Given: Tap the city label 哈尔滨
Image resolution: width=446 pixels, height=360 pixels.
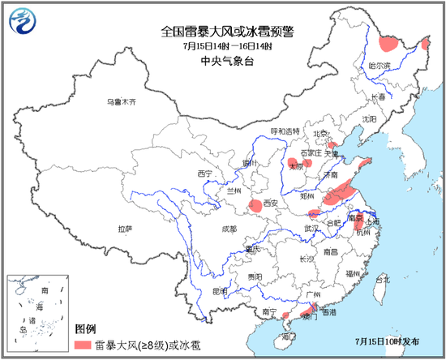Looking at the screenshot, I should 380,65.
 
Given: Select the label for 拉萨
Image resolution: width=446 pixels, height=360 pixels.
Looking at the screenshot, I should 124,229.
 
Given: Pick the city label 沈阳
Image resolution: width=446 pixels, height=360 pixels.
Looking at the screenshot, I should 370,118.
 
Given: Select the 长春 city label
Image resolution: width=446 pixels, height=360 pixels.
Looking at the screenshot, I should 380,96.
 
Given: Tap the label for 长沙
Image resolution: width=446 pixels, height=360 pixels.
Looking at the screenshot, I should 306,259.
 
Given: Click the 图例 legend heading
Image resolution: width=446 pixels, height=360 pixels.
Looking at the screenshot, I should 86,330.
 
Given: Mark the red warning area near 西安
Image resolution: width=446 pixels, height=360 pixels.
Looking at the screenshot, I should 255,207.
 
